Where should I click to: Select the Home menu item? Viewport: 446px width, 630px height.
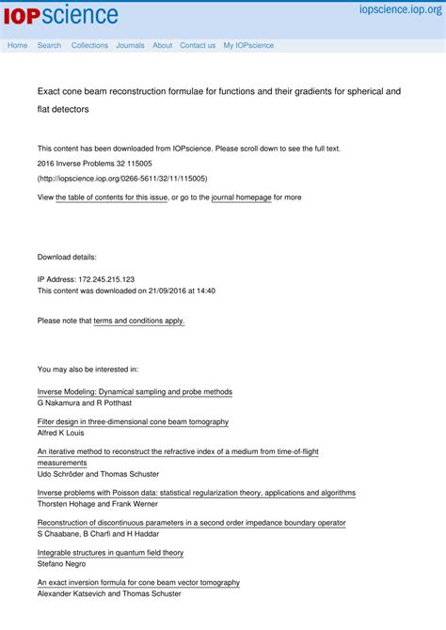pos(17,45)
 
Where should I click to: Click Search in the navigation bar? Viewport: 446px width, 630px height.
pos(49,45)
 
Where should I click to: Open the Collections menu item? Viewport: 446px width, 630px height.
pos(89,45)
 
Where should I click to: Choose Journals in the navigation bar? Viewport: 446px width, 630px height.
pos(130,45)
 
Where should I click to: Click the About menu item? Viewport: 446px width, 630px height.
pos(162,45)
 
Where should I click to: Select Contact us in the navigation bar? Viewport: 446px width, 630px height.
pos(198,45)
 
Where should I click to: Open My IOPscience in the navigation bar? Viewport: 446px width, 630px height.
pos(248,45)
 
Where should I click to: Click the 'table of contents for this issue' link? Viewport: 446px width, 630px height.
pos(112,197)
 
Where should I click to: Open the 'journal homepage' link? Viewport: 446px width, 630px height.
pos(241,197)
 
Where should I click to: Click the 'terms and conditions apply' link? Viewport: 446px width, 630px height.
pos(139,321)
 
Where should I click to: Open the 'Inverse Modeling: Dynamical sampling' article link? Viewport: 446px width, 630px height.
pos(135,391)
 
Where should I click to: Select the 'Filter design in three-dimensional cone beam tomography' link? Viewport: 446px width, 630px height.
pos(133,422)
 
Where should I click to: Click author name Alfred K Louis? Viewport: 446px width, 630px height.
pos(64,433)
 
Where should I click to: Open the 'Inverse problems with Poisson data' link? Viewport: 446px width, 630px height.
pos(196,493)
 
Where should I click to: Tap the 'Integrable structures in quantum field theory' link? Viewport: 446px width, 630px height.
pos(110,553)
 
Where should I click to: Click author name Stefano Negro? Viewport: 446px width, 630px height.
pos(61,564)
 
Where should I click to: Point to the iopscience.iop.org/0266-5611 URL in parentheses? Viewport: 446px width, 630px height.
pos(122,178)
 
